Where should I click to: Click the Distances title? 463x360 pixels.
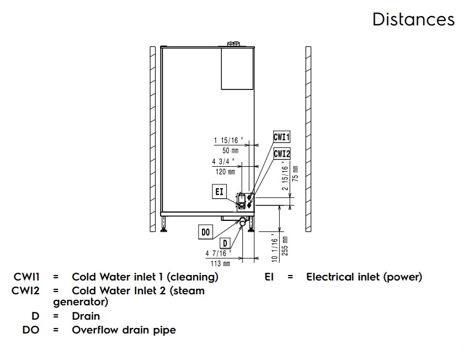[413, 19]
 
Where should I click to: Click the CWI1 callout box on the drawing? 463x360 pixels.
[282, 137]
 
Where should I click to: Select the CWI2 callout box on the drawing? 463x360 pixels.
[282, 153]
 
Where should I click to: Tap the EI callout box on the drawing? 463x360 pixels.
[219, 192]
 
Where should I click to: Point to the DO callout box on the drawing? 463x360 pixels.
[205, 232]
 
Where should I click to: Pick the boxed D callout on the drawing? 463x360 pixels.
[225, 243]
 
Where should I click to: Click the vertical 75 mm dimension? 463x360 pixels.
[295, 173]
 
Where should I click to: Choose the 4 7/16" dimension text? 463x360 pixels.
[218, 254]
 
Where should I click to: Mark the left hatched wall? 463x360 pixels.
[152, 140]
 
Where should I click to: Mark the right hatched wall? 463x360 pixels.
[308, 140]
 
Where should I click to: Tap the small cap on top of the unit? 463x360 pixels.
[233, 44]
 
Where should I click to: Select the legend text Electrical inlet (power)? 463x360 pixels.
[364, 277]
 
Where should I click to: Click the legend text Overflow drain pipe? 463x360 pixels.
[124, 330]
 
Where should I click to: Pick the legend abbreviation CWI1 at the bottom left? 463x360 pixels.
[26, 277]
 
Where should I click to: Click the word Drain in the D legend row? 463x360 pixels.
[86, 316]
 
